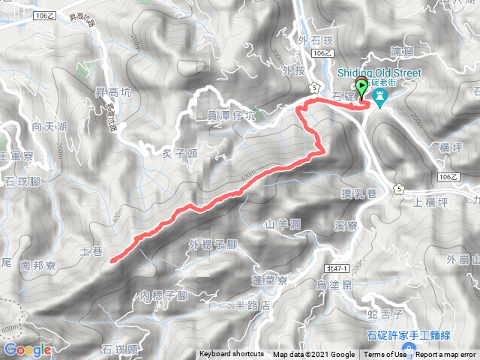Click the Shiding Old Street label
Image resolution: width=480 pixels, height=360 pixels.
[x=379, y=73]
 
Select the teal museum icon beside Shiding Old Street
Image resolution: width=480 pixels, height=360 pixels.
[x=380, y=97]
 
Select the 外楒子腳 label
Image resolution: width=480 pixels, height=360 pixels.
[x=213, y=244]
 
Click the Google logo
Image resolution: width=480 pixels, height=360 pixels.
[x=27, y=349]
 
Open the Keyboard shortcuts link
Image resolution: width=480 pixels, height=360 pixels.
[x=231, y=355]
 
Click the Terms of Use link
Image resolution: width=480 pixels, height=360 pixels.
[x=385, y=355]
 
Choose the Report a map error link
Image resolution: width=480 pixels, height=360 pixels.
[x=447, y=355]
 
